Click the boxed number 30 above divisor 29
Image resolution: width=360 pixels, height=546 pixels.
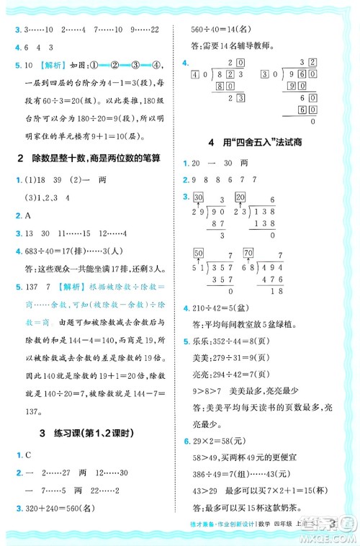pos(199,198)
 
